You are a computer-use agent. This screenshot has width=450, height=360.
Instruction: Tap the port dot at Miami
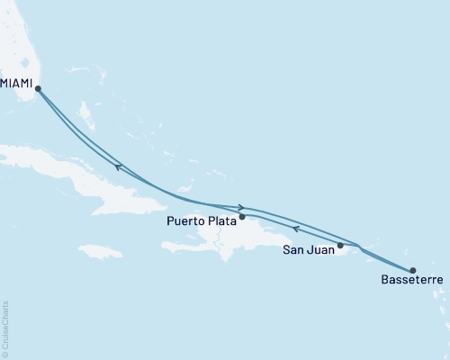(37, 87)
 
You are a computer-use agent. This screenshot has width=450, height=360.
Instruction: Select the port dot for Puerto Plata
(242, 217)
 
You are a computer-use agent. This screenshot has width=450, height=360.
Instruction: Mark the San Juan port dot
(340, 245)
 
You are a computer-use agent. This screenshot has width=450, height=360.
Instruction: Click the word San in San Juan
(293, 249)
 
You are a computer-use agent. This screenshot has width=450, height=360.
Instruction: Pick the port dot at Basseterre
(413, 270)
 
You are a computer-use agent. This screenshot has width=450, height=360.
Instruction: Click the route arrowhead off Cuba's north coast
(118, 166)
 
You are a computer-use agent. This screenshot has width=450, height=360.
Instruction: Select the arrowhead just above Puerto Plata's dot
(241, 208)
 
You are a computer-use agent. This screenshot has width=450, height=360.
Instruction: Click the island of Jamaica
(100, 249)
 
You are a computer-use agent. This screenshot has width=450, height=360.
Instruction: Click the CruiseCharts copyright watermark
(6, 328)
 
